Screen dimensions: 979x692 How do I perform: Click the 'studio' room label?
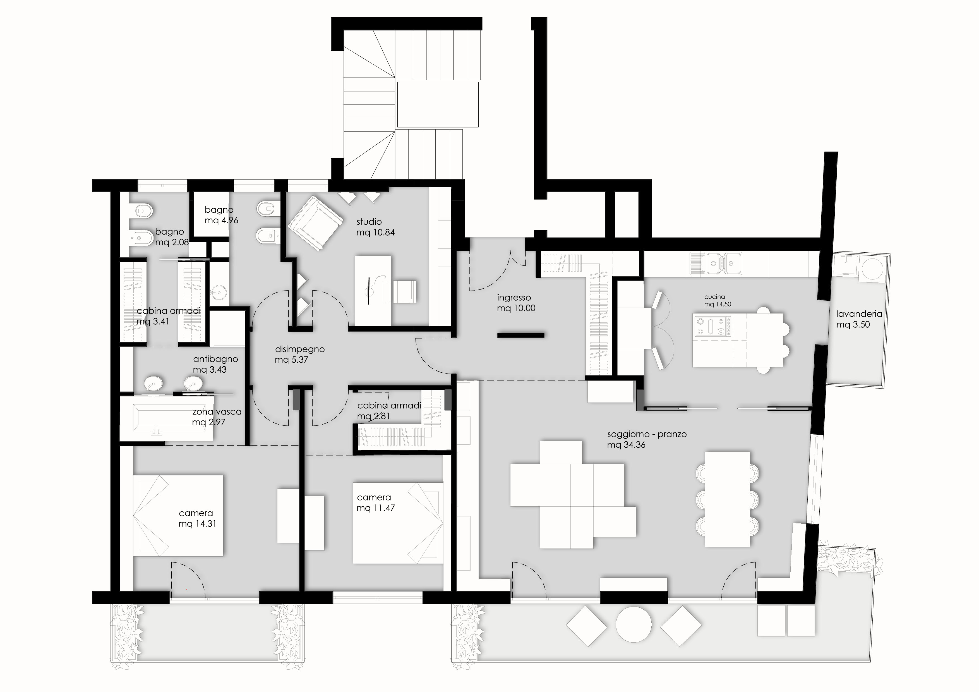coord(369,222)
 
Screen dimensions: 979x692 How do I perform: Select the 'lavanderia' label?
coord(859,314)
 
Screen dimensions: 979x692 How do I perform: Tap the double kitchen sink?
coord(717,263)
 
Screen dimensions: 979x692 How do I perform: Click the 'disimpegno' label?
coord(300,349)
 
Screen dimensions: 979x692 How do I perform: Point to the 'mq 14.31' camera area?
coord(197,524)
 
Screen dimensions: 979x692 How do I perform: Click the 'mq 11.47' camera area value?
coord(376,508)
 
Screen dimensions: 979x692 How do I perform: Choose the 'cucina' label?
coord(715,297)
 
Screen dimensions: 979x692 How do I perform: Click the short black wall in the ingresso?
coord(521,336)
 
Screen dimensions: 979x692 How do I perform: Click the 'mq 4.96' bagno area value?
coord(221,221)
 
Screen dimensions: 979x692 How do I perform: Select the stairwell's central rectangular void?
coord(438,105)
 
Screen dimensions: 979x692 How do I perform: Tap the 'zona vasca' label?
coord(217,412)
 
